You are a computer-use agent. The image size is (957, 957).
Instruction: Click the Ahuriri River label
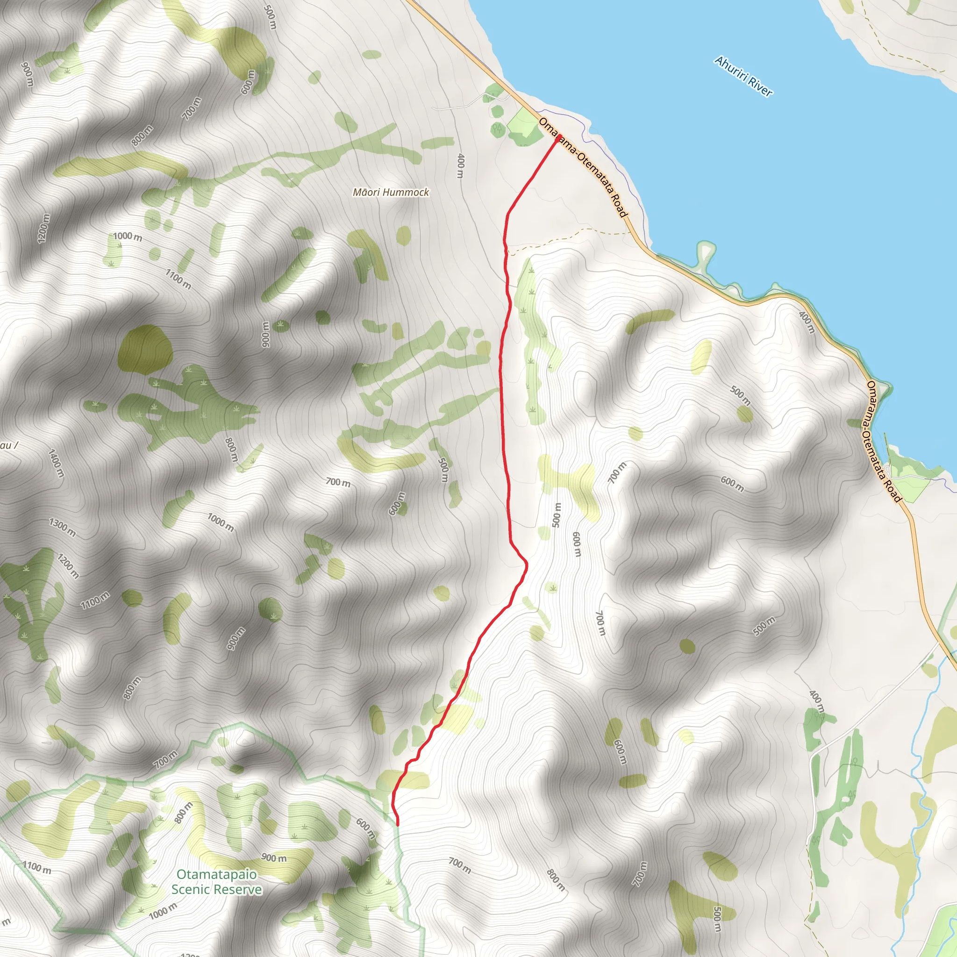[x=743, y=76]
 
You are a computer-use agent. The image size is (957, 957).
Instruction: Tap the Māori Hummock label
[x=391, y=192]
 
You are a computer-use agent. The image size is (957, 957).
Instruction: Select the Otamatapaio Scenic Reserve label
[x=216, y=882]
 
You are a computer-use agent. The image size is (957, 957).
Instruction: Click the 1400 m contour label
[x=56, y=463]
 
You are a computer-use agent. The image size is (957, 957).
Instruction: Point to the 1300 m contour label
[x=63, y=528]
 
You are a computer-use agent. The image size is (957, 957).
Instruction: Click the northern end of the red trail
[x=558, y=136]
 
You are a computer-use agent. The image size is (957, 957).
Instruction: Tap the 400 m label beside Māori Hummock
[x=461, y=166]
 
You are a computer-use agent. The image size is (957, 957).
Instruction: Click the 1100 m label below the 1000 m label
[x=178, y=280]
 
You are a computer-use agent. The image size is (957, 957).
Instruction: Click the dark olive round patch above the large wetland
[x=146, y=350]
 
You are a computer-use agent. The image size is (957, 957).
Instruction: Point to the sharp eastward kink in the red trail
[x=526, y=563]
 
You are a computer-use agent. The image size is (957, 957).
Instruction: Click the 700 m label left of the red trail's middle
[x=338, y=482]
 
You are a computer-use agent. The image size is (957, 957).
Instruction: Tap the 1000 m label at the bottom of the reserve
[x=163, y=910]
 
